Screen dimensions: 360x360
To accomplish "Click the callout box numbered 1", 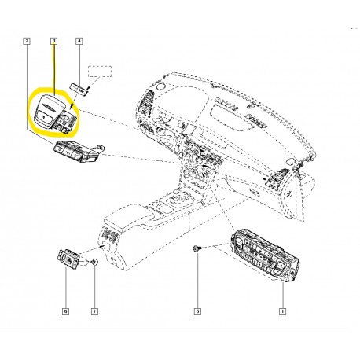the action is [x=282, y=311].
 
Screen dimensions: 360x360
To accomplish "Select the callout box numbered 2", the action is [x=27, y=41].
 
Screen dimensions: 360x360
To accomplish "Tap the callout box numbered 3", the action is [x=53, y=41].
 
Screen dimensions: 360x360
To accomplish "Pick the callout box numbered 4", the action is [x=79, y=41].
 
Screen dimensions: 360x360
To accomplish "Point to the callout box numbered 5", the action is [x=197, y=311].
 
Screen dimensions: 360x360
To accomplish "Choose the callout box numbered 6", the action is [x=66, y=311].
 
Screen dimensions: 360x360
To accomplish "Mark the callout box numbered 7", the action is [x=94, y=311].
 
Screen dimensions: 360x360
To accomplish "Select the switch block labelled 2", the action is [x=79, y=152].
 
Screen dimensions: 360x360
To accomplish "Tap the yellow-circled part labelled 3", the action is [x=55, y=112].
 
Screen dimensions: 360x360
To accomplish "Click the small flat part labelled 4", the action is [x=79, y=90].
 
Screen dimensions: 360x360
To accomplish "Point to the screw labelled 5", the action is [x=197, y=248].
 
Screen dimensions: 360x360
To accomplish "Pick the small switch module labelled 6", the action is [x=68, y=259].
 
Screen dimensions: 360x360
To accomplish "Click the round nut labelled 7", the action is [x=94, y=262].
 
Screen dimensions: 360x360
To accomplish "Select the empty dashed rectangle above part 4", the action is [x=100, y=72].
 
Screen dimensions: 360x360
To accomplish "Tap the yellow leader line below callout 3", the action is [x=54, y=69].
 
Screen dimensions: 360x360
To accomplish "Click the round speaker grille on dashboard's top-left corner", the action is [x=160, y=86].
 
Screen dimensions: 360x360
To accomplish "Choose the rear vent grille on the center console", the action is [x=110, y=233].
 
